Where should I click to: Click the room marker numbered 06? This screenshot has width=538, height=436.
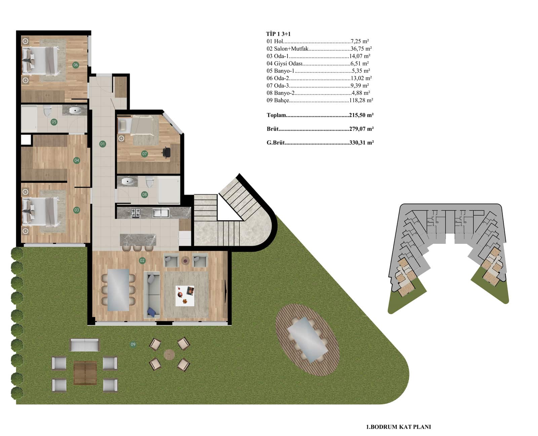tap(76, 65)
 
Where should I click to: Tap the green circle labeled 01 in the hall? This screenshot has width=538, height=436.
tap(102, 144)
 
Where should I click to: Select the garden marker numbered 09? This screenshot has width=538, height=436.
tap(133, 344)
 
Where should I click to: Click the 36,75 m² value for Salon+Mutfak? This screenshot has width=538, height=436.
tap(361, 49)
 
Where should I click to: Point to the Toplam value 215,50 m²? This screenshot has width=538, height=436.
tap(361, 115)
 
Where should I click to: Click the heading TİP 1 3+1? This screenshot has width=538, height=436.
tap(278, 34)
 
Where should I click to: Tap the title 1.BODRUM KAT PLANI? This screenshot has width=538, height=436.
tap(398, 427)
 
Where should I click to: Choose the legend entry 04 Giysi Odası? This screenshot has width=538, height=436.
tap(284, 63)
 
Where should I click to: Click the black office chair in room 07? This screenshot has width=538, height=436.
tap(166, 152)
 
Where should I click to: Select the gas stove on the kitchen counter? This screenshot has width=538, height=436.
tap(136, 213)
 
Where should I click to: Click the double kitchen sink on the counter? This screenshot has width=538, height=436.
tap(161, 212)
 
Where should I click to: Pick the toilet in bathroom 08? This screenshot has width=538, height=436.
tap(150, 182)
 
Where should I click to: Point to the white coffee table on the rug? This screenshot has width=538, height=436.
tap(185, 296)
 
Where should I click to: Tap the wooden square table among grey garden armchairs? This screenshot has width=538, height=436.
tap(85, 373)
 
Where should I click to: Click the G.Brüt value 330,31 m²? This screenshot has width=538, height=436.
tap(361, 142)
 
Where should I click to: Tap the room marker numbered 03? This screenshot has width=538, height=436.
tap(77, 210)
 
